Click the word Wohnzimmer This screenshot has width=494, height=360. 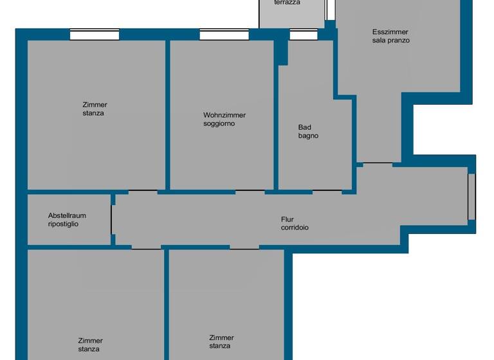224,115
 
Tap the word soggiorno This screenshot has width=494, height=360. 219,123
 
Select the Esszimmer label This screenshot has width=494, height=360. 390,32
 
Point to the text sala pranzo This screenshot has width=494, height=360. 390,40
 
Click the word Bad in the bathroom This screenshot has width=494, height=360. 304,127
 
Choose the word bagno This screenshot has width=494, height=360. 308,136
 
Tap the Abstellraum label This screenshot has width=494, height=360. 67,215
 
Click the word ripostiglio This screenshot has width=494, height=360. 63,224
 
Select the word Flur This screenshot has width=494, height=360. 287,219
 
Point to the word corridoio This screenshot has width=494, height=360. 295,228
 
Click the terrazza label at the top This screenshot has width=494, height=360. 287,3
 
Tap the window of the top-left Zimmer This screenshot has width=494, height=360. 95,35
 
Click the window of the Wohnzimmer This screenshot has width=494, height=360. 224,35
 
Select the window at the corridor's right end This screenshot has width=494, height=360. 471,197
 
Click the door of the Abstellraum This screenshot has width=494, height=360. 112,220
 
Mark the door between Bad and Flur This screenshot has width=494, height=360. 327,191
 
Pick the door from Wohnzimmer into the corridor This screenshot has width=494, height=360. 250,191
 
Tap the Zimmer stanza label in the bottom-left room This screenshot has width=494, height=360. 90,345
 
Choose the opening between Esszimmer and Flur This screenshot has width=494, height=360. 378,163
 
